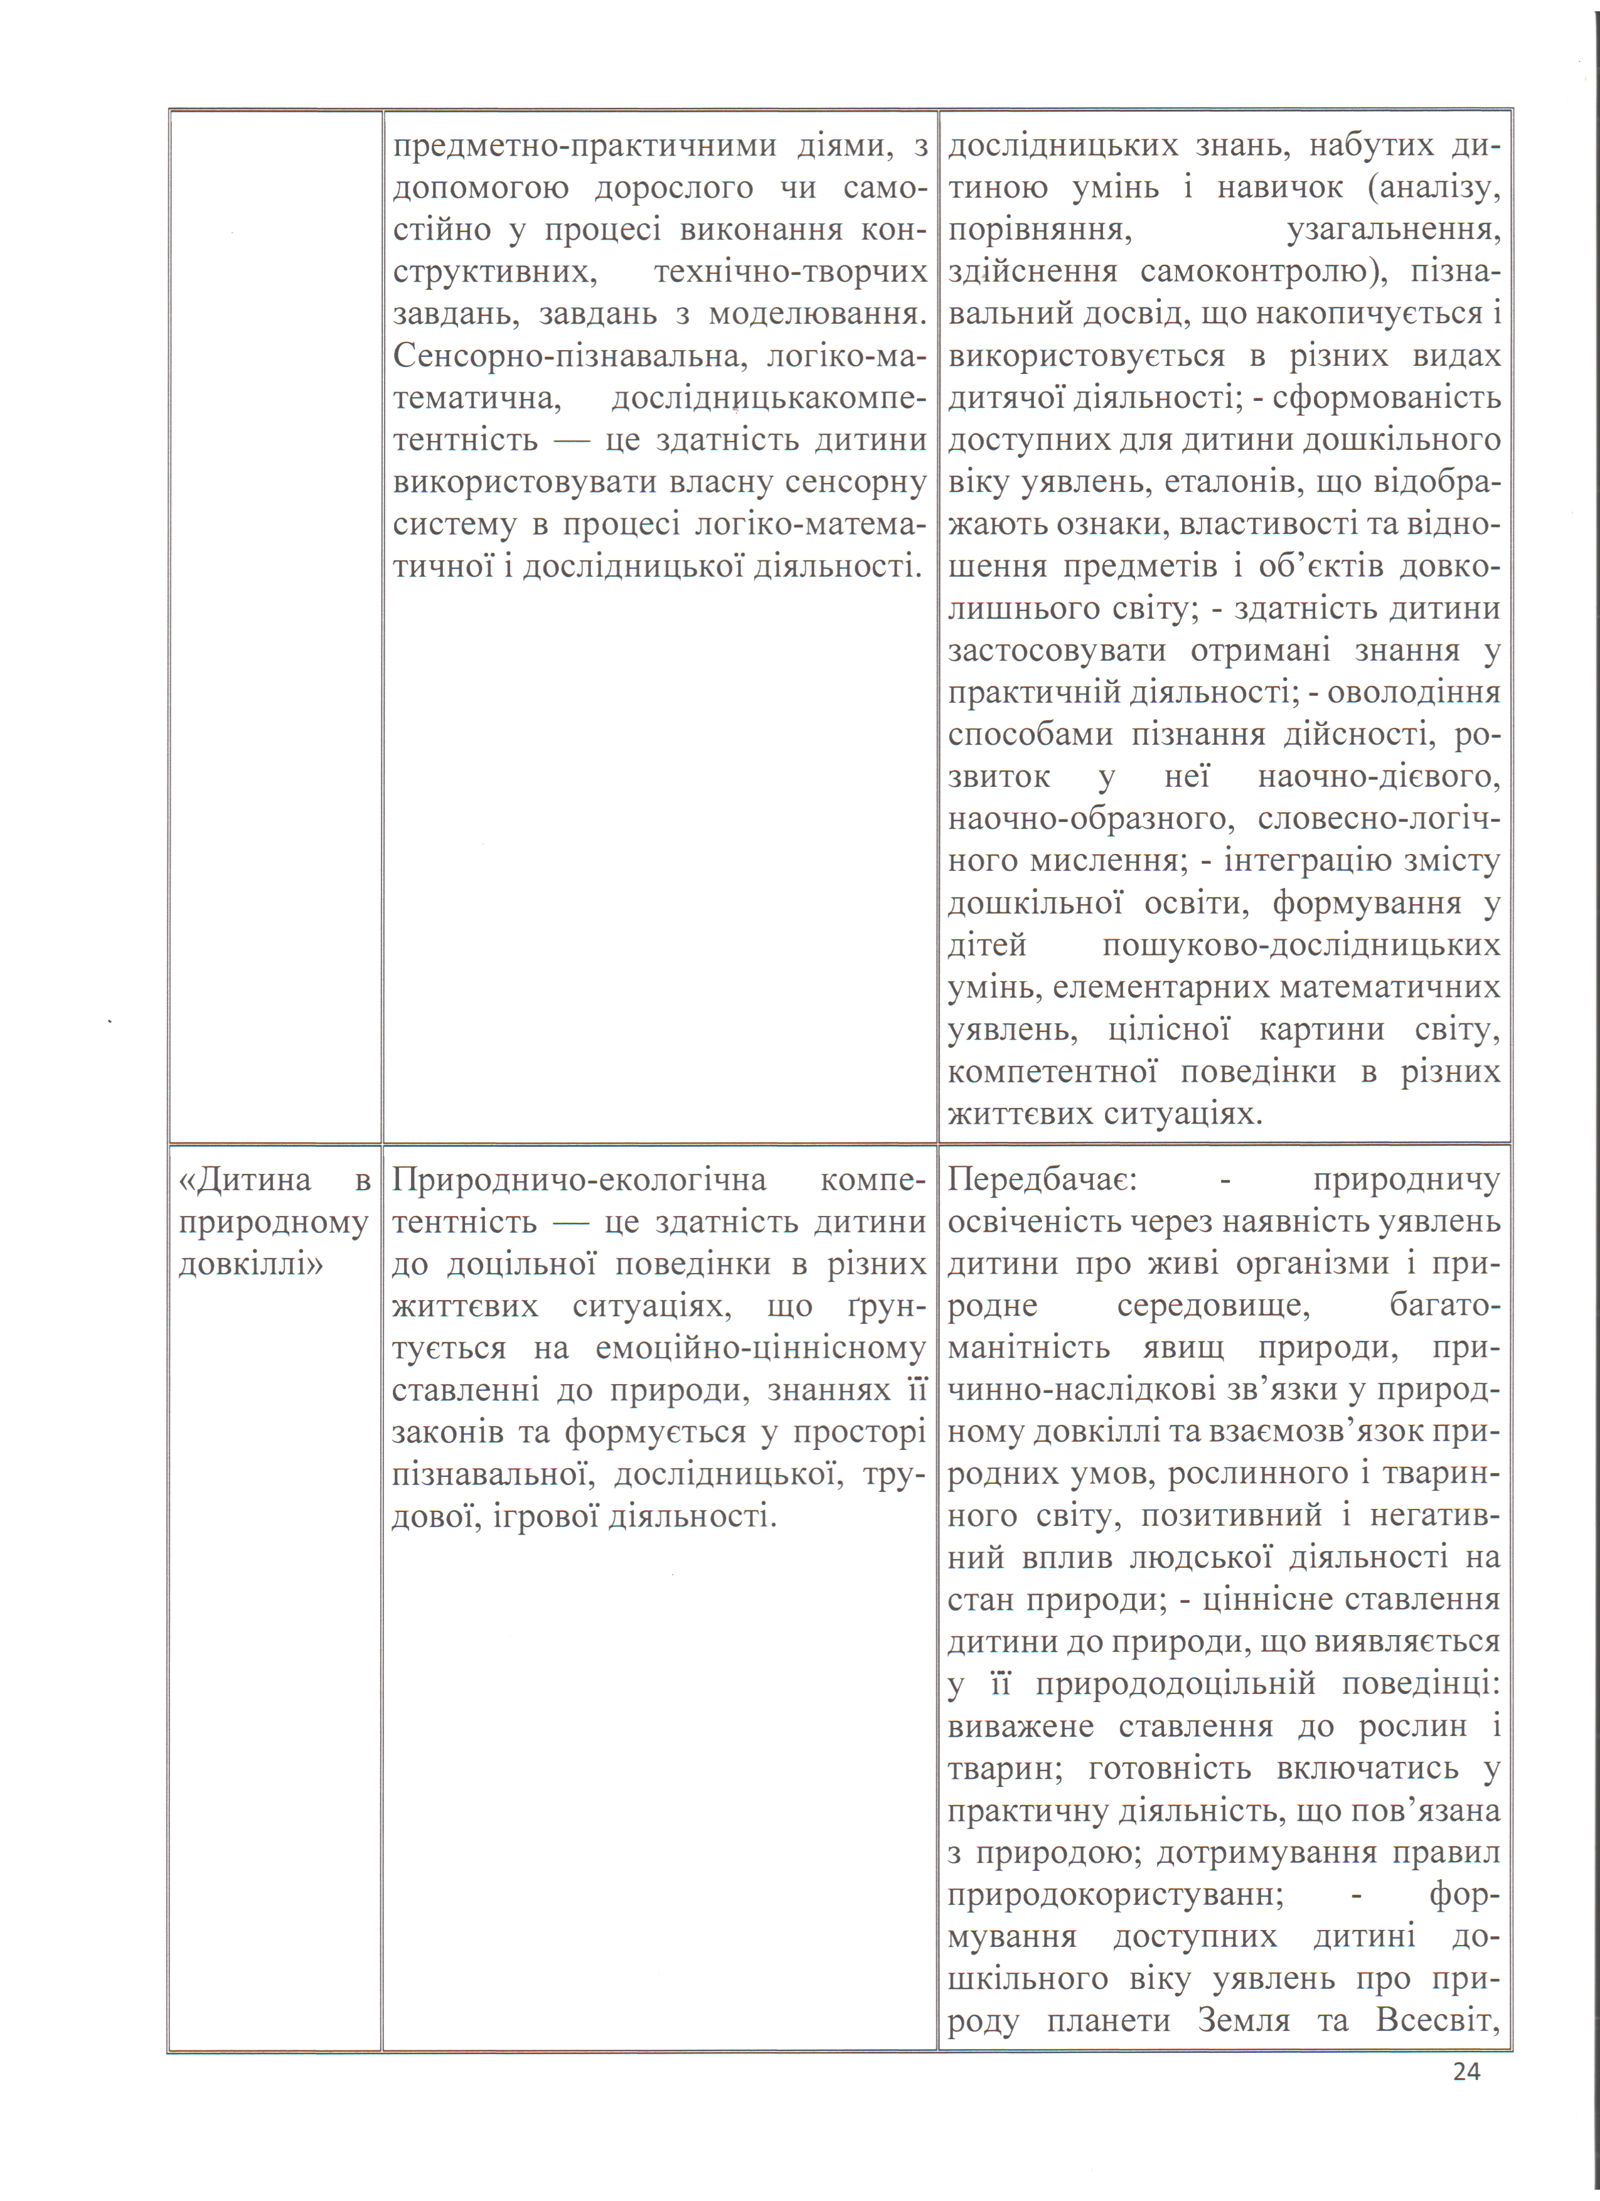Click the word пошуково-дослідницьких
coord(1302,946)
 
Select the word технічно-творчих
coord(790,272)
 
